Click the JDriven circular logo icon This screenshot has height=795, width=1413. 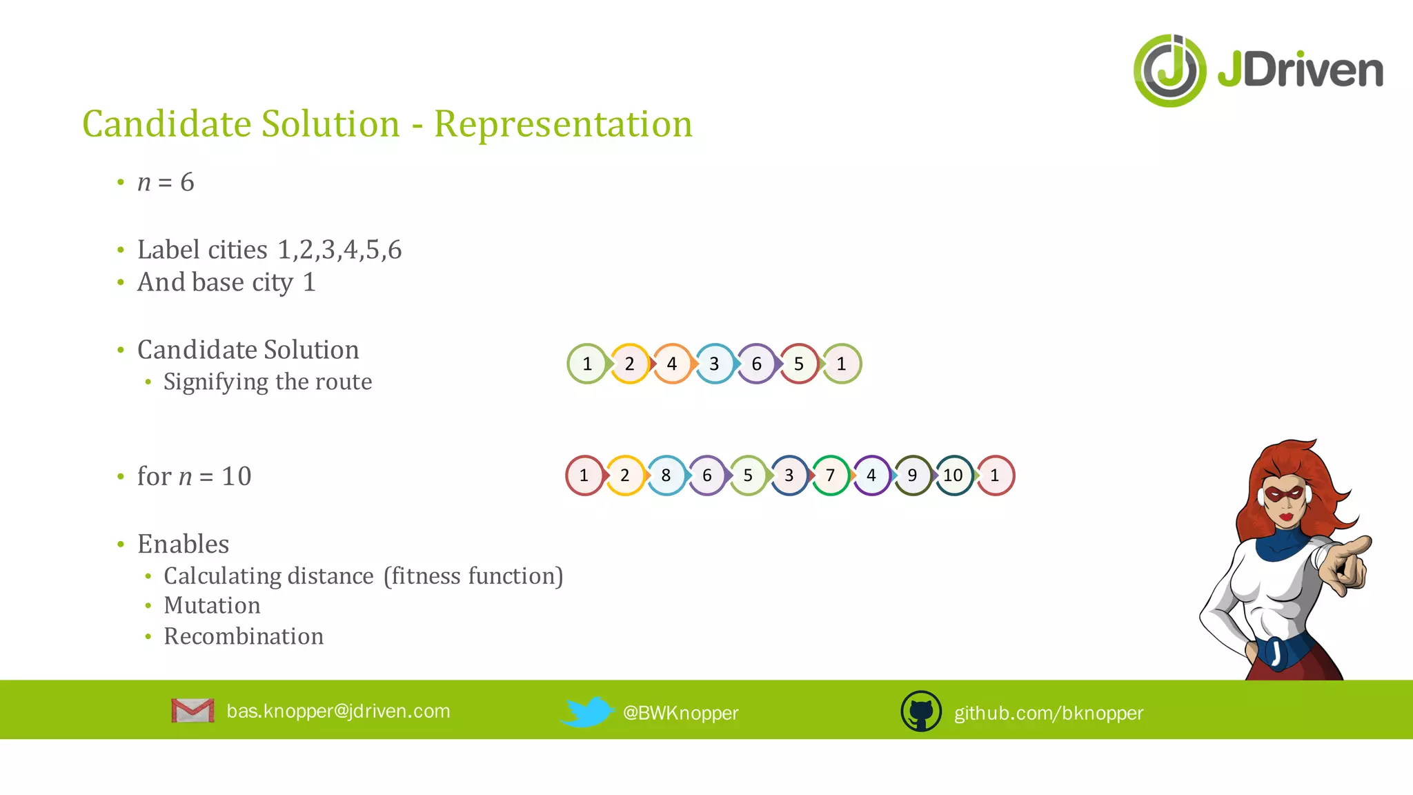1169,71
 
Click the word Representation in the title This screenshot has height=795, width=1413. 563,124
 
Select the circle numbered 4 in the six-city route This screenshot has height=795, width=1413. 672,364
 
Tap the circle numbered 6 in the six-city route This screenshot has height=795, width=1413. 756,364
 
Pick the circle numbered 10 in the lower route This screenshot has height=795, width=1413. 953,475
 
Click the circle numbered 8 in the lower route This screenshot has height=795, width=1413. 666,475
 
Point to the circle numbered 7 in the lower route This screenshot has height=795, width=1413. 830,475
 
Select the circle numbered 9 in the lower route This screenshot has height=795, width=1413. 912,475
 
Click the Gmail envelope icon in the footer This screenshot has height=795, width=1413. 192,711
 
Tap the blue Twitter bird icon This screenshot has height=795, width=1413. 586,711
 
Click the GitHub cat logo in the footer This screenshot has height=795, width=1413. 921,711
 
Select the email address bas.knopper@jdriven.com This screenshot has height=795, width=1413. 338,711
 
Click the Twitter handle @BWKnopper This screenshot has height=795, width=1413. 680,713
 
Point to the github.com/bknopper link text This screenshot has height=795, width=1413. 1049,713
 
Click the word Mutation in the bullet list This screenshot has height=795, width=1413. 212,605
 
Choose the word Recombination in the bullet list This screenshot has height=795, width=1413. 244,636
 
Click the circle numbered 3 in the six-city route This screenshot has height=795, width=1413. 714,364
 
